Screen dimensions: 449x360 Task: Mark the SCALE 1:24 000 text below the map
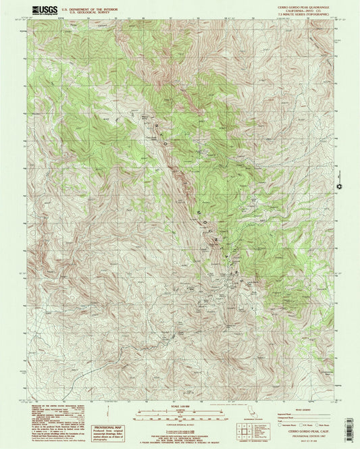(x=179, y=405)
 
